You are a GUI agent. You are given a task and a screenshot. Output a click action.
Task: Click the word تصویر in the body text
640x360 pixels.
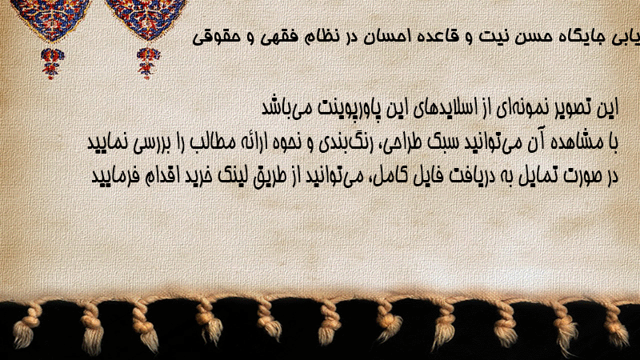[570, 107]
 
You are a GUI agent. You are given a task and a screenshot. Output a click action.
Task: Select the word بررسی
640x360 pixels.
[150, 143]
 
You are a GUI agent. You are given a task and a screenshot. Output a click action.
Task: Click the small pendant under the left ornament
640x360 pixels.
[52, 63]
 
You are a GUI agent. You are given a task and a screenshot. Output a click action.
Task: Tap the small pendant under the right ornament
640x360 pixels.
[147, 62]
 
